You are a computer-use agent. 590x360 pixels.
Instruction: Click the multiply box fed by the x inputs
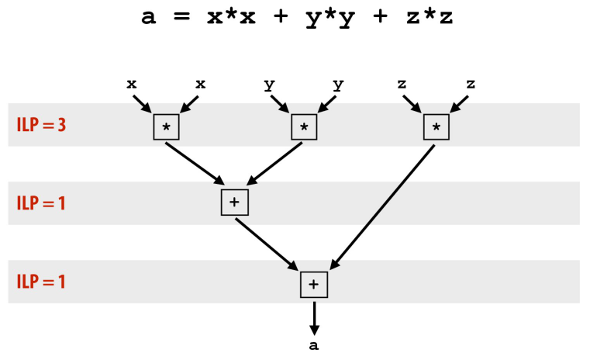click(x=166, y=126)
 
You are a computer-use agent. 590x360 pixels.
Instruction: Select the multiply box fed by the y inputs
click(x=304, y=126)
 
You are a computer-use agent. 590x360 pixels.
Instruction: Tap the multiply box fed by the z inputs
click(x=436, y=126)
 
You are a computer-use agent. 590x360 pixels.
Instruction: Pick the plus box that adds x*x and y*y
click(x=234, y=202)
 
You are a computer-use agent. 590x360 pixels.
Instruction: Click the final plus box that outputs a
click(x=314, y=284)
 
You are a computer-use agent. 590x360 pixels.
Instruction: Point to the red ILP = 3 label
click(x=41, y=125)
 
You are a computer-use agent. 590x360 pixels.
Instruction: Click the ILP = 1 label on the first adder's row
click(x=41, y=202)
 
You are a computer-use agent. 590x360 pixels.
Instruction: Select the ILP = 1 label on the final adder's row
click(x=41, y=281)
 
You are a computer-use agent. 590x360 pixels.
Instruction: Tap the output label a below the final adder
click(x=314, y=346)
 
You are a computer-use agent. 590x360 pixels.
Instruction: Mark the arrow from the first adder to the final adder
click(x=267, y=244)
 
